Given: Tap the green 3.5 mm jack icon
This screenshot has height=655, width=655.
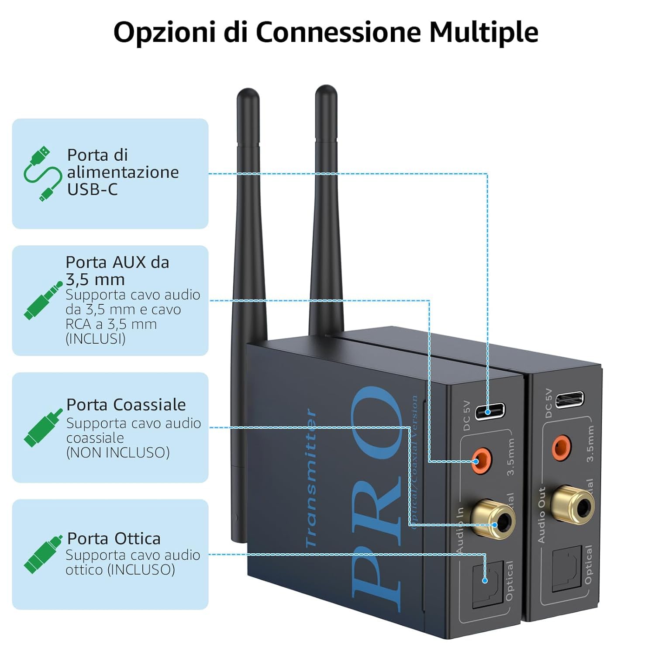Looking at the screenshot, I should (43, 301).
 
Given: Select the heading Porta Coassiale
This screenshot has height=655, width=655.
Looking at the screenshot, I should (126, 405).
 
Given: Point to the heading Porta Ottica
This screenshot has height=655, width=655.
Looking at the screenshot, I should (114, 538).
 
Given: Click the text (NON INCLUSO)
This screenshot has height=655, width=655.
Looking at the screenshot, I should (118, 452).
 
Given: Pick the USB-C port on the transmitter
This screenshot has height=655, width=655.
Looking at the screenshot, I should (490, 411).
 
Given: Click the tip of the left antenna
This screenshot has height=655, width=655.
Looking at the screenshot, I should (248, 93).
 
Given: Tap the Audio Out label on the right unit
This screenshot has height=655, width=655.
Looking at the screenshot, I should (542, 515).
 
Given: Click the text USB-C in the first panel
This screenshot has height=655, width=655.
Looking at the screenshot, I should (92, 190).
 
